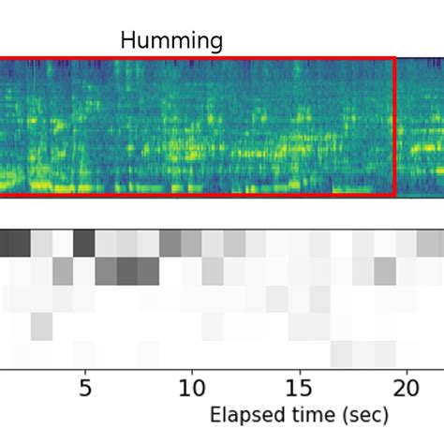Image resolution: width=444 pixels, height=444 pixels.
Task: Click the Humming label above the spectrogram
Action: pyautogui.click(x=171, y=40)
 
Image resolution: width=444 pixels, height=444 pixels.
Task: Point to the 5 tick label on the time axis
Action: pyautogui.click(x=85, y=387)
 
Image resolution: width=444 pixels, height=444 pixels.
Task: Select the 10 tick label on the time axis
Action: pyautogui.click(x=192, y=387)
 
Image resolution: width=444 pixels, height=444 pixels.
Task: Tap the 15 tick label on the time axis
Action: pyautogui.click(x=299, y=387)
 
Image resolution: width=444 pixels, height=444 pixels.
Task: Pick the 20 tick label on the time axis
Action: pyautogui.click(x=406, y=387)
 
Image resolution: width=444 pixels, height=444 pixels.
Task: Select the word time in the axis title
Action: pyautogui.click(x=301, y=415)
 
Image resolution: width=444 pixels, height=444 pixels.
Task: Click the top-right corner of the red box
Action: pyautogui.click(x=395, y=58)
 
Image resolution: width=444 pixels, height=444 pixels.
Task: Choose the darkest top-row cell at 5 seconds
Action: pyautogui.click(x=84, y=244)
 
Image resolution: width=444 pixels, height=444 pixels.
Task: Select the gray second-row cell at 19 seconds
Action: pyautogui.click(x=384, y=272)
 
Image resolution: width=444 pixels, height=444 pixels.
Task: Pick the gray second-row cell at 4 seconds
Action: pyautogui.click(x=63, y=272)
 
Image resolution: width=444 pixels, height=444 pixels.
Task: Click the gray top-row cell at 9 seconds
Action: pyautogui.click(x=170, y=244)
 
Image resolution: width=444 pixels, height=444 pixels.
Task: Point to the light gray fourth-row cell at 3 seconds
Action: pyautogui.click(x=41, y=327)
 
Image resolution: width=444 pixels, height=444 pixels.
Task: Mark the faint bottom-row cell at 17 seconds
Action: pyautogui.click(x=341, y=354)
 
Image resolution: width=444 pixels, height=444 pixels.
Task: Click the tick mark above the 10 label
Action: pyautogui.click(x=192, y=371)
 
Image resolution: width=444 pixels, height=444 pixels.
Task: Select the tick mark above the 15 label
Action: pyautogui.click(x=299, y=371)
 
